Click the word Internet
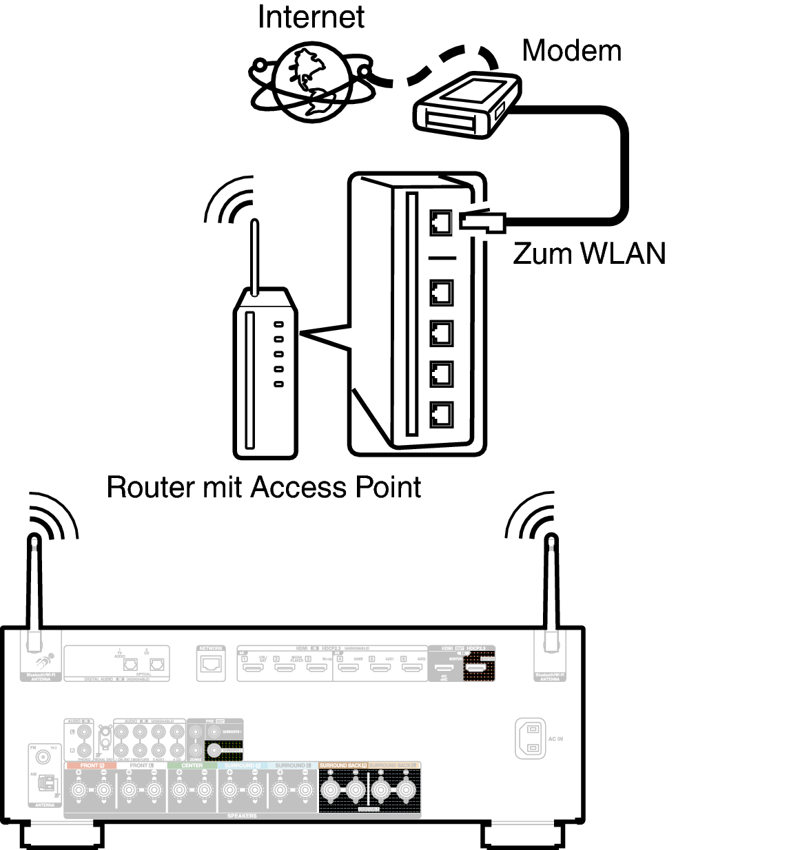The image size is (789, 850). (311, 17)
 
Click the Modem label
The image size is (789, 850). (571, 51)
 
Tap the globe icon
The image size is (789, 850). (312, 83)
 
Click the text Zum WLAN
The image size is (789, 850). (589, 253)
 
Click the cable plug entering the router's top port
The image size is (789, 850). (482, 221)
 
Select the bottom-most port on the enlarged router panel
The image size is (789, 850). (441, 414)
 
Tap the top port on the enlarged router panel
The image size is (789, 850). (441, 222)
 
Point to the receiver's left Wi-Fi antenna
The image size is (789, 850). (33, 592)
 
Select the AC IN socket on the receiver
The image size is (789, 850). (531, 738)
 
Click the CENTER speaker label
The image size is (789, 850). (192, 766)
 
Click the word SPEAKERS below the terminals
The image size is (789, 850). (242, 816)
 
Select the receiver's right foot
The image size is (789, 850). (522, 836)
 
